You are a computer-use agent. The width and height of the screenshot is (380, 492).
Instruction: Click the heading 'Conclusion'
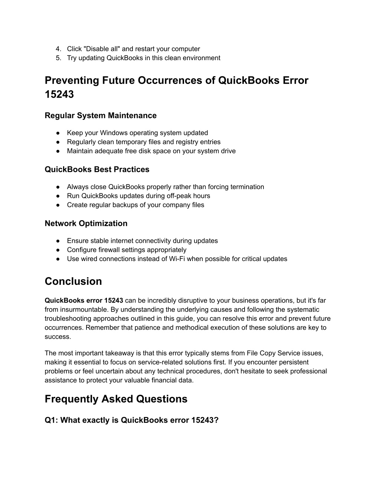tap(73, 281)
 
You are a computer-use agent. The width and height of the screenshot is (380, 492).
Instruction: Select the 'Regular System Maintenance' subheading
tap(101, 115)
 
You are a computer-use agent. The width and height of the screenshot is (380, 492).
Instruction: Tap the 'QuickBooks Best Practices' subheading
tap(97, 169)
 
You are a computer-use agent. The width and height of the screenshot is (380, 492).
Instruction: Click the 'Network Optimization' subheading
tap(86, 224)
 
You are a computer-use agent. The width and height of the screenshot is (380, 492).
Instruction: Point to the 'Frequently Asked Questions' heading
tap(116, 399)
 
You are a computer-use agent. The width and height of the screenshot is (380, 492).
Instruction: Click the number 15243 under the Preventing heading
tap(59, 95)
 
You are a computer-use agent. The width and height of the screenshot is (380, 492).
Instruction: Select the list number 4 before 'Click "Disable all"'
tap(58, 49)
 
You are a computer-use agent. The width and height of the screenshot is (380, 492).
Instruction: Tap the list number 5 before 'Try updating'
tap(58, 58)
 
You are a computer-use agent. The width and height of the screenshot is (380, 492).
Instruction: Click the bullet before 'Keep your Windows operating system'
tap(58, 133)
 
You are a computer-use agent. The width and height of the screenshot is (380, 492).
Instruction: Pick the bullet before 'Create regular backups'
tap(58, 205)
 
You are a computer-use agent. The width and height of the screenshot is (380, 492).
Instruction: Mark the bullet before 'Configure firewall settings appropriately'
tap(58, 250)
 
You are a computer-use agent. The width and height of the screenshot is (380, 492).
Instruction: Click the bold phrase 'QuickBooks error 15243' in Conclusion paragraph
tap(84, 300)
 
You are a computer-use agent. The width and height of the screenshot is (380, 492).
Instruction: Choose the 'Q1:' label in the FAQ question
tap(51, 420)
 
